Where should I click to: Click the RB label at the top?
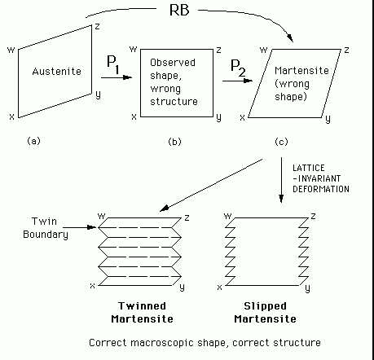pos(179,10)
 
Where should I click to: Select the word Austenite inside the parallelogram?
pos(57,72)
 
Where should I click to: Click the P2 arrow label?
pos(238,68)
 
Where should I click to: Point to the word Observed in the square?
pos(173,63)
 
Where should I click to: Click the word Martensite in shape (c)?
pos(301,71)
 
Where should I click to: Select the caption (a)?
pos(33,141)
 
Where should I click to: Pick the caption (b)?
pos(174,142)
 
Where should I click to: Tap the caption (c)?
pos(281,142)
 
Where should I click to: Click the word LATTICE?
pos(309,168)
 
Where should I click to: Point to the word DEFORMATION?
pos(321,189)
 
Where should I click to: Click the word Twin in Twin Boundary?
pos(44,222)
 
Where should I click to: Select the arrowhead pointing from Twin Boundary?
pos(92,227)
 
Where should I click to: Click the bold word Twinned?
pos(142,306)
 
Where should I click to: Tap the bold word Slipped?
pos(265,306)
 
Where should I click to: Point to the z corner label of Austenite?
pos(97,27)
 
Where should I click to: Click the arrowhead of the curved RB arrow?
pos(291,37)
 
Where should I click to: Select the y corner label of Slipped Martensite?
pos(307,288)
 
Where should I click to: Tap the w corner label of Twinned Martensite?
pos(101,216)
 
